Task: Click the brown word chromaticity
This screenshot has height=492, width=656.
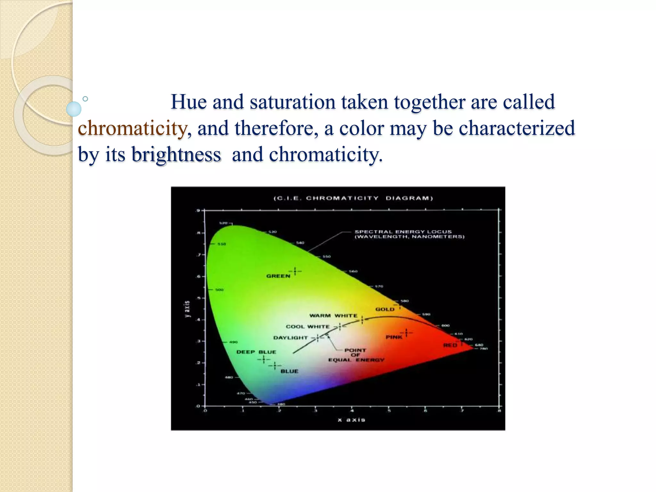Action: pos(132,128)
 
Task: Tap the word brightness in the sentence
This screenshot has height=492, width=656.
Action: pos(176,155)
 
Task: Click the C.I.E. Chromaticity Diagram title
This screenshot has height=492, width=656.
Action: pos(353,198)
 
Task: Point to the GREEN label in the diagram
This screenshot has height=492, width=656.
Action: pos(278,276)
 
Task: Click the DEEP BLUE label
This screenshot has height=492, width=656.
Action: pos(256,352)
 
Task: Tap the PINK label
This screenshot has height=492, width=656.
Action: pos(394,337)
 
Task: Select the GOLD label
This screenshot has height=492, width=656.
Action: pos(385,309)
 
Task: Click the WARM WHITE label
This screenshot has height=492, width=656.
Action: pos(333,316)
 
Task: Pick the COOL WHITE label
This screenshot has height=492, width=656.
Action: pos(307,326)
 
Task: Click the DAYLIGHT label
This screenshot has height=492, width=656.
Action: pos(290,338)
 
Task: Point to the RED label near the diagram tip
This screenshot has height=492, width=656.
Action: pos(450,345)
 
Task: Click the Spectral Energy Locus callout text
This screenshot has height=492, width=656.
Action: pos(409,234)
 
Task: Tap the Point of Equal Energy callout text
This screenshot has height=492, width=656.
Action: pos(356,355)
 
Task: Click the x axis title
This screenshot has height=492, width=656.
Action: pos(351,420)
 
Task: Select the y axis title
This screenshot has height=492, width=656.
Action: pos(187,309)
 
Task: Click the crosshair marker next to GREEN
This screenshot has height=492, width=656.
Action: pos(295,271)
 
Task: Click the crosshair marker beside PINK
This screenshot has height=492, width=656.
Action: pos(406,333)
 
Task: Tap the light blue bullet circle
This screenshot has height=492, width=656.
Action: pos(74,109)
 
